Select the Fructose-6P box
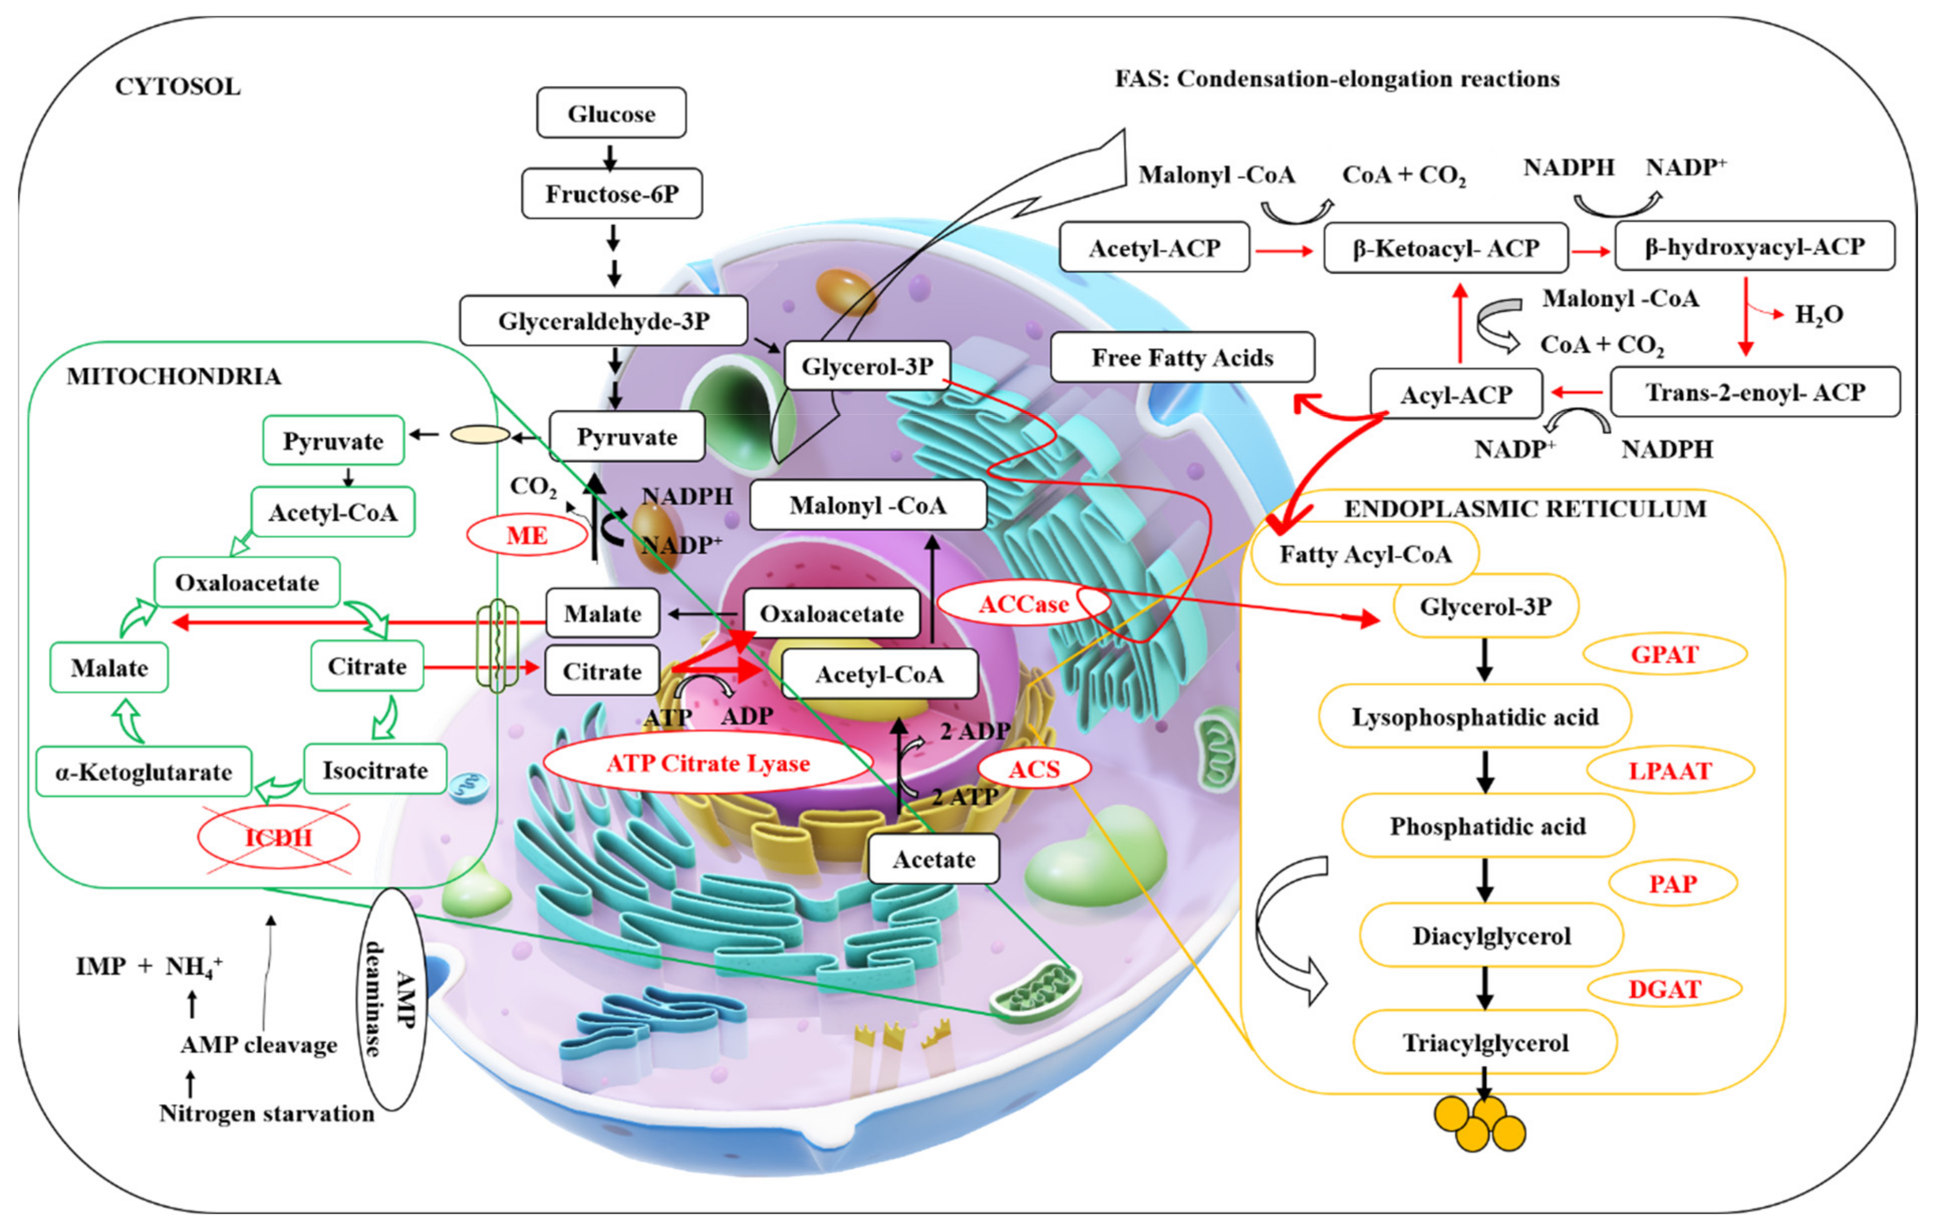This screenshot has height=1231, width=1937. coord(611,194)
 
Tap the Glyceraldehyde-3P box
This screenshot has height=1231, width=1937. coord(603,321)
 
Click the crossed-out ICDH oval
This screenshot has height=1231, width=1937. coord(279,837)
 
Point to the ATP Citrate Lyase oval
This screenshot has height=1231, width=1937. coord(708,763)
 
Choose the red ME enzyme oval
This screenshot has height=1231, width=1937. coord(527,535)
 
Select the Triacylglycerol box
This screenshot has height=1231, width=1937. coord(1485,1043)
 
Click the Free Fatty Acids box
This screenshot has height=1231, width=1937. coord(1182,357)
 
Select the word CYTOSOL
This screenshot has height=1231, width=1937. coord(178,86)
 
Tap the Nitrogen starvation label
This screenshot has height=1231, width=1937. coord(267,1114)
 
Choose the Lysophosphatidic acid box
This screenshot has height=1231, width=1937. coord(1474,716)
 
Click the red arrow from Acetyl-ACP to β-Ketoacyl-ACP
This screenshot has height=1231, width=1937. coord(1285,251)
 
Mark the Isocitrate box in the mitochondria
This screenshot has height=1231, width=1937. coord(375,770)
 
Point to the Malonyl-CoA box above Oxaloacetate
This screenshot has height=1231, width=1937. coord(868,505)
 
